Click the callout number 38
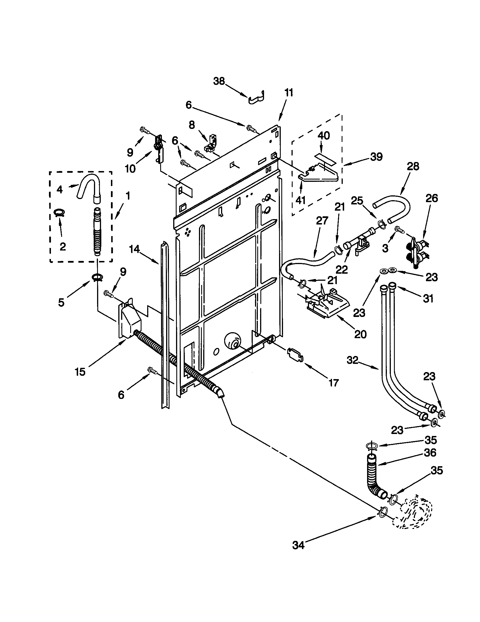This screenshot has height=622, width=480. (x=219, y=81)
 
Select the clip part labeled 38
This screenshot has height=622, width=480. (x=256, y=98)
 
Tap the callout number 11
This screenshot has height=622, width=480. (x=288, y=93)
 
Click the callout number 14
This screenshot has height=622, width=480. (x=134, y=249)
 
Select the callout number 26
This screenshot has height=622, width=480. (x=431, y=198)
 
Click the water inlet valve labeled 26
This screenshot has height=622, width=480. (x=417, y=250)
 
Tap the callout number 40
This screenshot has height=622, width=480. (x=323, y=135)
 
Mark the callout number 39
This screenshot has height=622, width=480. (x=376, y=157)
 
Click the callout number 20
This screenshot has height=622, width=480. (x=360, y=334)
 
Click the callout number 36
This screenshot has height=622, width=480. (x=430, y=453)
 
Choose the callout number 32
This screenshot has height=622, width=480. (x=352, y=360)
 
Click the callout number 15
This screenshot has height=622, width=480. (x=80, y=372)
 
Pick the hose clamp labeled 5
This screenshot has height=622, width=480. (x=97, y=277)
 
